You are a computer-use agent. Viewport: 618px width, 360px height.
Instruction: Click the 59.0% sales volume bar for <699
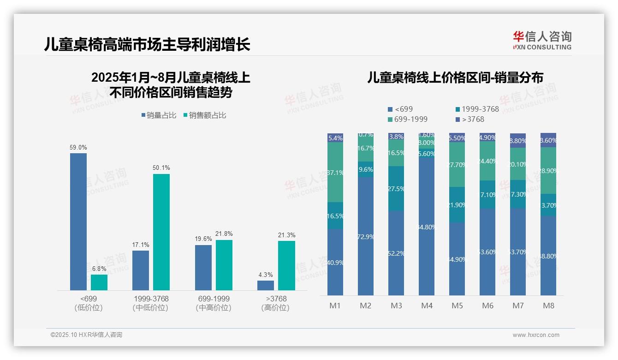coord(78,222)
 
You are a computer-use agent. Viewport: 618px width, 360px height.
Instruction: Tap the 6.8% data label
coord(99,269)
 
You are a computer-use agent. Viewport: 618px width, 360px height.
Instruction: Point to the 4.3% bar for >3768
coord(266,285)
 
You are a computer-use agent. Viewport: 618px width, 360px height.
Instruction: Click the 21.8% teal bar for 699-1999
coord(224,265)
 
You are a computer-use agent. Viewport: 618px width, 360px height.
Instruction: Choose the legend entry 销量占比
coord(159,115)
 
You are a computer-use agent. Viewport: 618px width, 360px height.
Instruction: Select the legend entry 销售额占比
coord(205,115)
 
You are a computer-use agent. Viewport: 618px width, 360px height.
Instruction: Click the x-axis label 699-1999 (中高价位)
coord(213,303)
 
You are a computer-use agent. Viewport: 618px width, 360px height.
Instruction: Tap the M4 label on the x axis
coord(427,306)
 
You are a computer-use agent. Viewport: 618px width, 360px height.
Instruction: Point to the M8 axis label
coord(548,306)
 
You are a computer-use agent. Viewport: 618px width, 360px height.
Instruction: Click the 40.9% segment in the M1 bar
coord(335,262)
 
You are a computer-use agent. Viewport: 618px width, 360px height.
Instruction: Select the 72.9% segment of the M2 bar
coord(366,236)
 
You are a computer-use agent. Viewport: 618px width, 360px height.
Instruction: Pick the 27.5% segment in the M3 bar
coord(396,189)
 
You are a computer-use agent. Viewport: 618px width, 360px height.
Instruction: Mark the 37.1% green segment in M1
coord(335,173)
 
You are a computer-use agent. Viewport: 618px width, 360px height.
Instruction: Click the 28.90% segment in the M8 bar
coord(548,170)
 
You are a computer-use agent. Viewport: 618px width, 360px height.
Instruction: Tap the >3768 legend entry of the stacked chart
coord(470,119)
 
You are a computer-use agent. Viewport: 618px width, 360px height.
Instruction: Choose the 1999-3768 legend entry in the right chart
coord(477,109)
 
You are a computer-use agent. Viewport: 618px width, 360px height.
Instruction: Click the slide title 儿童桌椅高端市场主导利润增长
coord(148,44)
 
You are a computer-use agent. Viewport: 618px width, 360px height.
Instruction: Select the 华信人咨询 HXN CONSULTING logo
coord(542,40)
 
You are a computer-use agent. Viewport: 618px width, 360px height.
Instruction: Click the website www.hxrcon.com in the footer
coord(536,335)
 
